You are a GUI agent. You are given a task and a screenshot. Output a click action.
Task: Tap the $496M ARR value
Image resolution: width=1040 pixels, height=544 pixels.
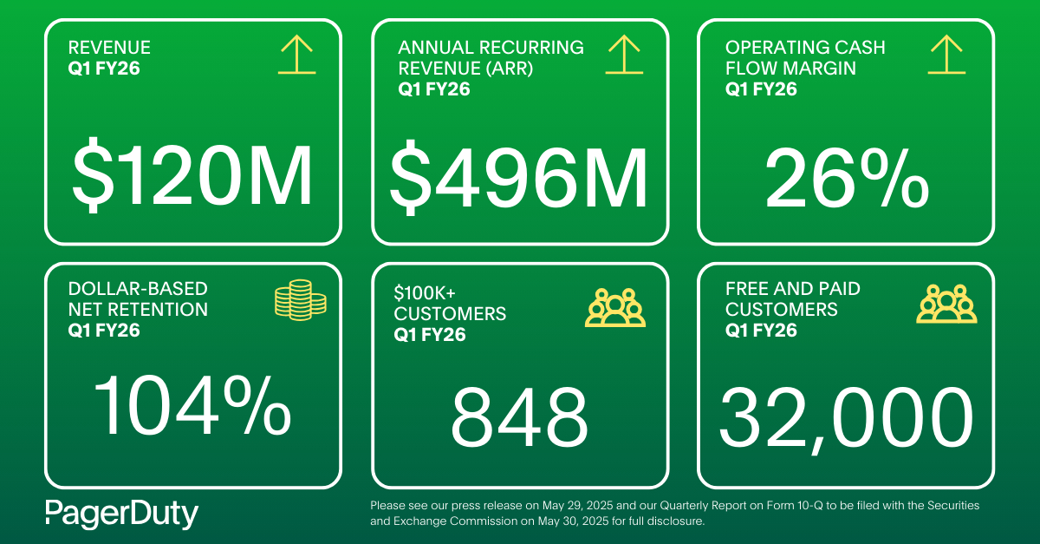click(518, 180)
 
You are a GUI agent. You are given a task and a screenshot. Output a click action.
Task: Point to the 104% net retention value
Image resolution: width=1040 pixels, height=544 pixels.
click(192, 404)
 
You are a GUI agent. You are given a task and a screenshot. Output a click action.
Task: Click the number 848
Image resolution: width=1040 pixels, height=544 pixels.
click(519, 416)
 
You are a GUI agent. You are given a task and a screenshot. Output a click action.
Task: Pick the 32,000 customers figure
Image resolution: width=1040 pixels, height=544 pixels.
click(846, 416)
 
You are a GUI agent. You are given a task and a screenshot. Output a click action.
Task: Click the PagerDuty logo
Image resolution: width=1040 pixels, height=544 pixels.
click(121, 514)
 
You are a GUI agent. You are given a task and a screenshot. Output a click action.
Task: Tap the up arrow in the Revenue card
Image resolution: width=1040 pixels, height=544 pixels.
click(296, 56)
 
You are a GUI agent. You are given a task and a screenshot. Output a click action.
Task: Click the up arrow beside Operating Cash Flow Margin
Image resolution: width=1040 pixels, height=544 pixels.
click(946, 56)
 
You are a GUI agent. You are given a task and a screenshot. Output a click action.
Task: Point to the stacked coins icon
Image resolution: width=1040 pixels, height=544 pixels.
click(300, 298)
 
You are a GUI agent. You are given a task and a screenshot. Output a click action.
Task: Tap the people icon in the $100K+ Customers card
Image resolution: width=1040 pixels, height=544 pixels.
click(615, 306)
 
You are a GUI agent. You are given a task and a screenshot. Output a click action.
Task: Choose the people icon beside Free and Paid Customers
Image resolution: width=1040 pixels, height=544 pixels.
click(946, 304)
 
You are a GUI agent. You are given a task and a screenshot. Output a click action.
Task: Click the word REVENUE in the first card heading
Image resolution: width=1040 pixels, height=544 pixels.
click(109, 48)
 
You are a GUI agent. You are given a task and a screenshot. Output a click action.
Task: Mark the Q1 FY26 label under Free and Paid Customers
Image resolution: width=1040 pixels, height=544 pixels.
click(762, 330)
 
